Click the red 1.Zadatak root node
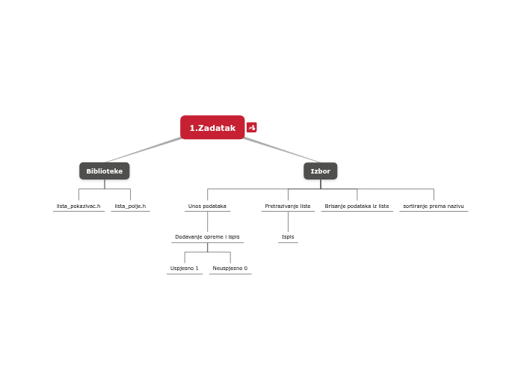[212, 128]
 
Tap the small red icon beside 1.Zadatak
[252, 128]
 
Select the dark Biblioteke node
[105, 171]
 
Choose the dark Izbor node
[321, 171]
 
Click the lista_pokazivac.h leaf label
[78, 206]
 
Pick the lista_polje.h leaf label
[130, 206]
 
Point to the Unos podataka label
[207, 206]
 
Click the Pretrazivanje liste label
[288, 206]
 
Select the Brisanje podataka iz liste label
[357, 206]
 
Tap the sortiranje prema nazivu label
[434, 206]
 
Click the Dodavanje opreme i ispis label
[207, 237]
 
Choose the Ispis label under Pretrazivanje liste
[288, 237]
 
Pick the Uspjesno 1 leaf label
[185, 268]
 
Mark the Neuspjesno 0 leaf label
[230, 268]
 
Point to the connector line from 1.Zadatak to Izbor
[282, 150]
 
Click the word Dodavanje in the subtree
[187, 237]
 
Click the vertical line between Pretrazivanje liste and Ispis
[288, 221]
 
